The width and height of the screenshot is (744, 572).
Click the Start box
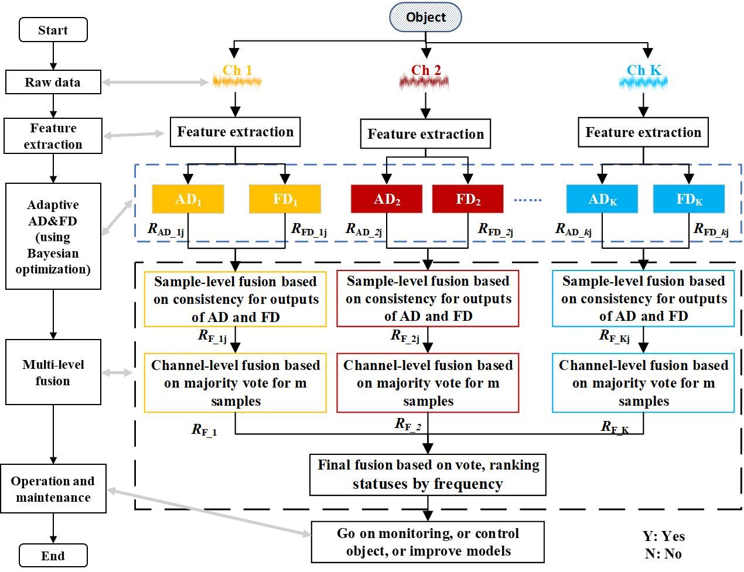(53, 30)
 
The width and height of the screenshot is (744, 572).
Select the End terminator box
(53, 555)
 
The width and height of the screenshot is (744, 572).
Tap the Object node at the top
(426, 17)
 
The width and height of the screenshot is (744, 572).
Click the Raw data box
(53, 82)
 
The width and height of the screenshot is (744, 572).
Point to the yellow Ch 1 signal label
(237, 71)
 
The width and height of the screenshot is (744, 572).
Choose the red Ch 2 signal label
(425, 71)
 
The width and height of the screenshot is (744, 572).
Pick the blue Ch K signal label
(643, 71)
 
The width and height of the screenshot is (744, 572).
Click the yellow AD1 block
(187, 199)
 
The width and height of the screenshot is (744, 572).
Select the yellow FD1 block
(285, 199)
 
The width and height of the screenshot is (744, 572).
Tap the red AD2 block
(387, 199)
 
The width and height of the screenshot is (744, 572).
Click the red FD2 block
(467, 199)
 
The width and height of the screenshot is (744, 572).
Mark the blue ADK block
(602, 199)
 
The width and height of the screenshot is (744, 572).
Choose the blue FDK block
(689, 199)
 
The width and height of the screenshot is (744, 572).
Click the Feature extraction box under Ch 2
(425, 134)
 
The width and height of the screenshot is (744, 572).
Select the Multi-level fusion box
(53, 372)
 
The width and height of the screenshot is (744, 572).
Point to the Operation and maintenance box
(53, 489)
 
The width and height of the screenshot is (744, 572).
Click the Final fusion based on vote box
(428, 475)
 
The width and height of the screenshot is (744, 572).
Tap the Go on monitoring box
(428, 542)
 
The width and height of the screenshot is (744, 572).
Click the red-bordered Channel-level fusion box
(428, 383)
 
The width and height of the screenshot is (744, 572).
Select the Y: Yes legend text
(663, 536)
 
